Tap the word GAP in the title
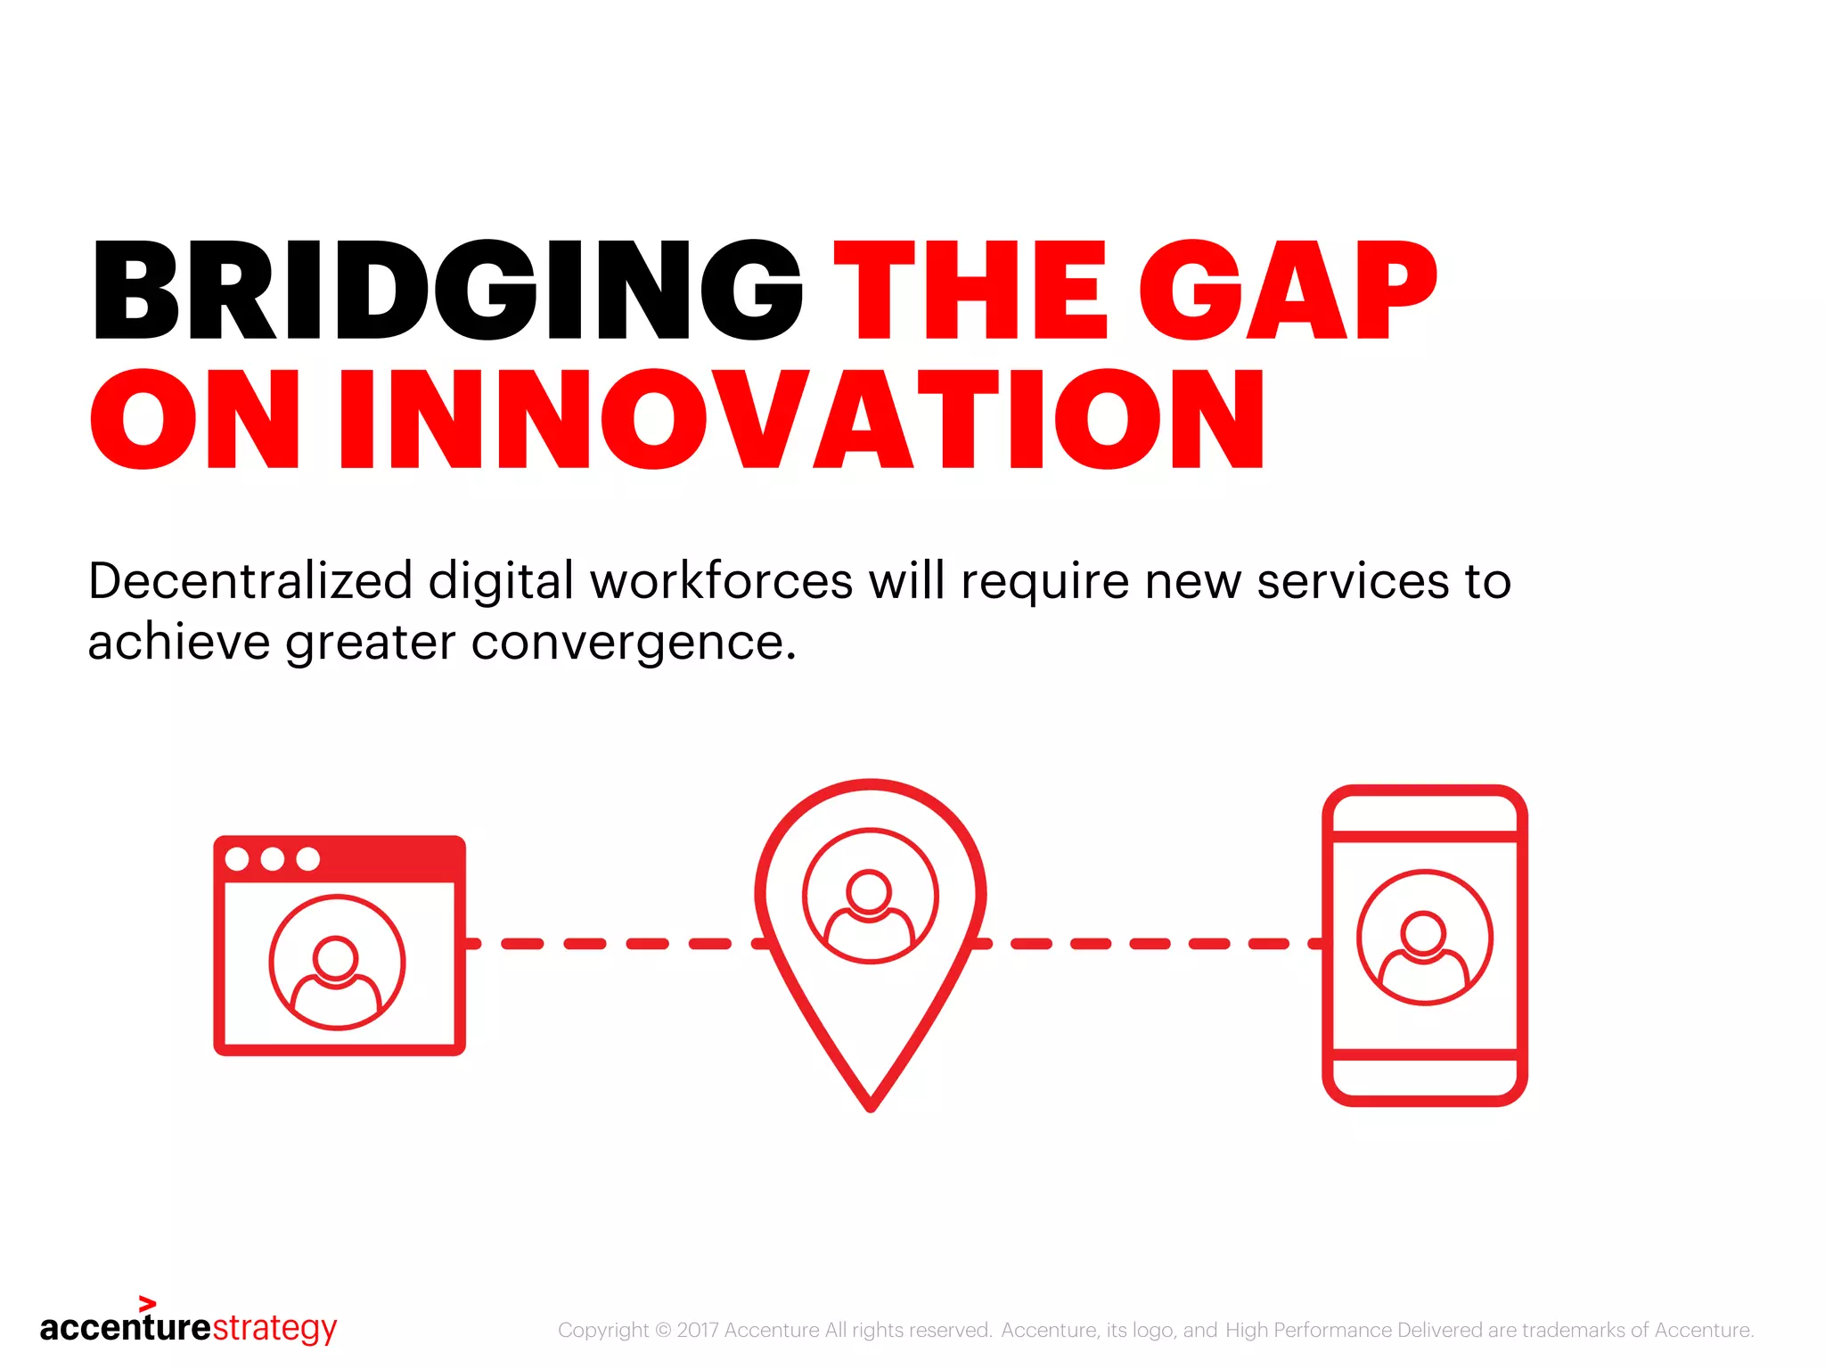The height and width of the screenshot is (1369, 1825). coord(1288,291)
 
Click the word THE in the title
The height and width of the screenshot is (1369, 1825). coord(970,291)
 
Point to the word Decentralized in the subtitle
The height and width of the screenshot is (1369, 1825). coord(250,581)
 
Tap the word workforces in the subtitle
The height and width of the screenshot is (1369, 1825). coord(722,581)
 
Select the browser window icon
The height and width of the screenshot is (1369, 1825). coord(340,945)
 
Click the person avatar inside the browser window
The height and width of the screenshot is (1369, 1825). coord(337,963)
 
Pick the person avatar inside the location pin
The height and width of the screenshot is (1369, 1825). coord(870,896)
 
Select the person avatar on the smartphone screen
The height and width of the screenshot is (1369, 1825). coord(1424,938)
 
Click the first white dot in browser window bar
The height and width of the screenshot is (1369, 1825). coord(237,859)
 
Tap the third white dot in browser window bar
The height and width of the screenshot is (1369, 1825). coord(307,859)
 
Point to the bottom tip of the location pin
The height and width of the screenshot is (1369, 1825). coord(871,1105)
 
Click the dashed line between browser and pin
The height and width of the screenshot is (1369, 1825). coord(615,943)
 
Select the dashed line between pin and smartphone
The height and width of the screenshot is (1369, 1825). coord(1150,943)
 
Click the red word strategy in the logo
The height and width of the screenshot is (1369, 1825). coord(274,1328)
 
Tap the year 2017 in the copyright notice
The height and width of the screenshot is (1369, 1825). coord(698,1330)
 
